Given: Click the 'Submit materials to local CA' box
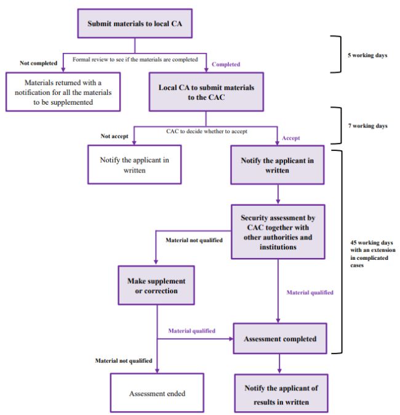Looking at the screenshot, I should (134, 23).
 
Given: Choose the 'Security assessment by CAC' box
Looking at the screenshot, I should (278, 231).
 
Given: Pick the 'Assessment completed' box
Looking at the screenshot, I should (280, 339).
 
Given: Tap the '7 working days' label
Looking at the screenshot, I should (368, 126).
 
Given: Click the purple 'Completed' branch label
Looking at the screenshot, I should (226, 64).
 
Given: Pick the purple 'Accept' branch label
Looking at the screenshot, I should (291, 138).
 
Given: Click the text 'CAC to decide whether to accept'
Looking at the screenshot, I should (202, 131).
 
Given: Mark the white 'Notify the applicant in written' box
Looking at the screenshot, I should (134, 164).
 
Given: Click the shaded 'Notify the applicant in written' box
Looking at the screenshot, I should (277, 164).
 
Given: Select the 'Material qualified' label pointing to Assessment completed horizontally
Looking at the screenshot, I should (191, 331).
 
